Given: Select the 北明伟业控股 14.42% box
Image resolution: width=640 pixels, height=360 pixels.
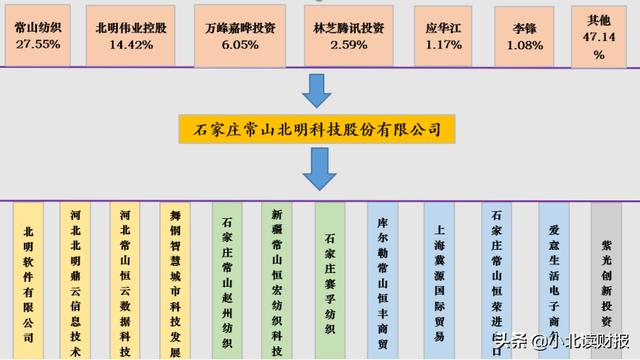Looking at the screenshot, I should (132, 32).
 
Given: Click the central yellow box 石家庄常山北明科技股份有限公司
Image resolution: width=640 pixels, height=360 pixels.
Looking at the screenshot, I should (318, 129).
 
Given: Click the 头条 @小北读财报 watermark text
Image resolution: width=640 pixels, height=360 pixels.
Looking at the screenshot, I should (560, 340).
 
